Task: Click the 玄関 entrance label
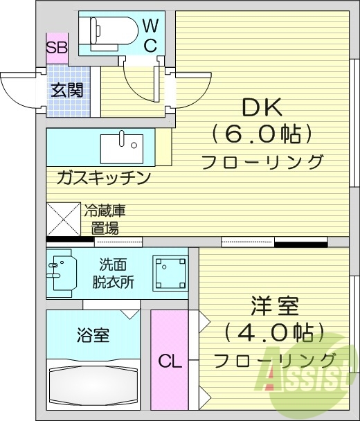coord(68,89)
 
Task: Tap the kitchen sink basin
coord(122,147)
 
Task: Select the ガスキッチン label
coord(104,178)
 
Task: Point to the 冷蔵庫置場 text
coord(105,219)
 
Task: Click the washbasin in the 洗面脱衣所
coord(62,271)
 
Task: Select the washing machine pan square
coord(170,272)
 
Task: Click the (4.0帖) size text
coord(274,333)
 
